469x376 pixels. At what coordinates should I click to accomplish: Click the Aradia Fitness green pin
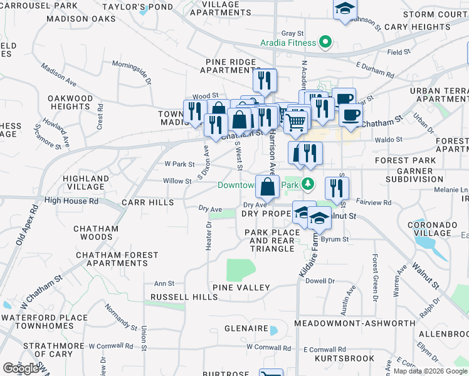[325, 43]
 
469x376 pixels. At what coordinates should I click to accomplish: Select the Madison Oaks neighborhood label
[81, 19]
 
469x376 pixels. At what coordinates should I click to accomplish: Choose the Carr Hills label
[147, 202]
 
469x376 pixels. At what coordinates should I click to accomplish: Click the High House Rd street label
[71, 201]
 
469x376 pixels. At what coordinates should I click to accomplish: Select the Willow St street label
[177, 181]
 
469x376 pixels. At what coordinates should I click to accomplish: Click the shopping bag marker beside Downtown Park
[268, 186]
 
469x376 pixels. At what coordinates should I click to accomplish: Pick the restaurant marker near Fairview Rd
[337, 188]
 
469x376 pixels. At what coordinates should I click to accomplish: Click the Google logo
[21, 368]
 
